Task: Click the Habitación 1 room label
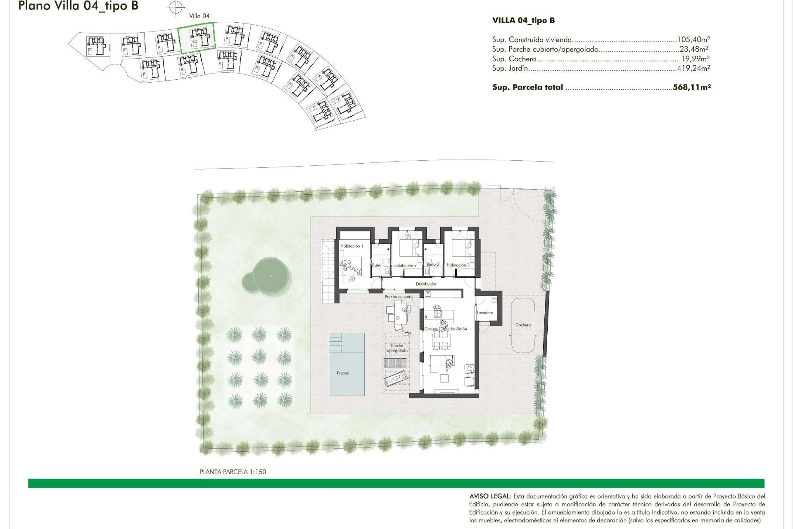(351, 246)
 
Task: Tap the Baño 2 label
(433, 264)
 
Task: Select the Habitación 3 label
(458, 265)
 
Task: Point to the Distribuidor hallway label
(426, 284)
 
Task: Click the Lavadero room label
(485, 312)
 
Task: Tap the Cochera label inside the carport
(523, 325)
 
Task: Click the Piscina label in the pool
(343, 373)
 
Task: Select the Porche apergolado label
(397, 348)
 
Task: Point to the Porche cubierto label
(398, 297)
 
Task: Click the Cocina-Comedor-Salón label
(446, 329)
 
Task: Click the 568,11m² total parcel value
(691, 87)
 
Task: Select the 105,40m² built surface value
(693, 40)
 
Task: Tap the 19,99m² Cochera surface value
(695, 59)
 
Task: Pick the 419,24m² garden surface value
(693, 68)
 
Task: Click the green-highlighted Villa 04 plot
(197, 38)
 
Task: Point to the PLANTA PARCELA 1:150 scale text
(233, 472)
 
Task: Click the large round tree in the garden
(271, 275)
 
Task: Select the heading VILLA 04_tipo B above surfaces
(523, 20)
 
